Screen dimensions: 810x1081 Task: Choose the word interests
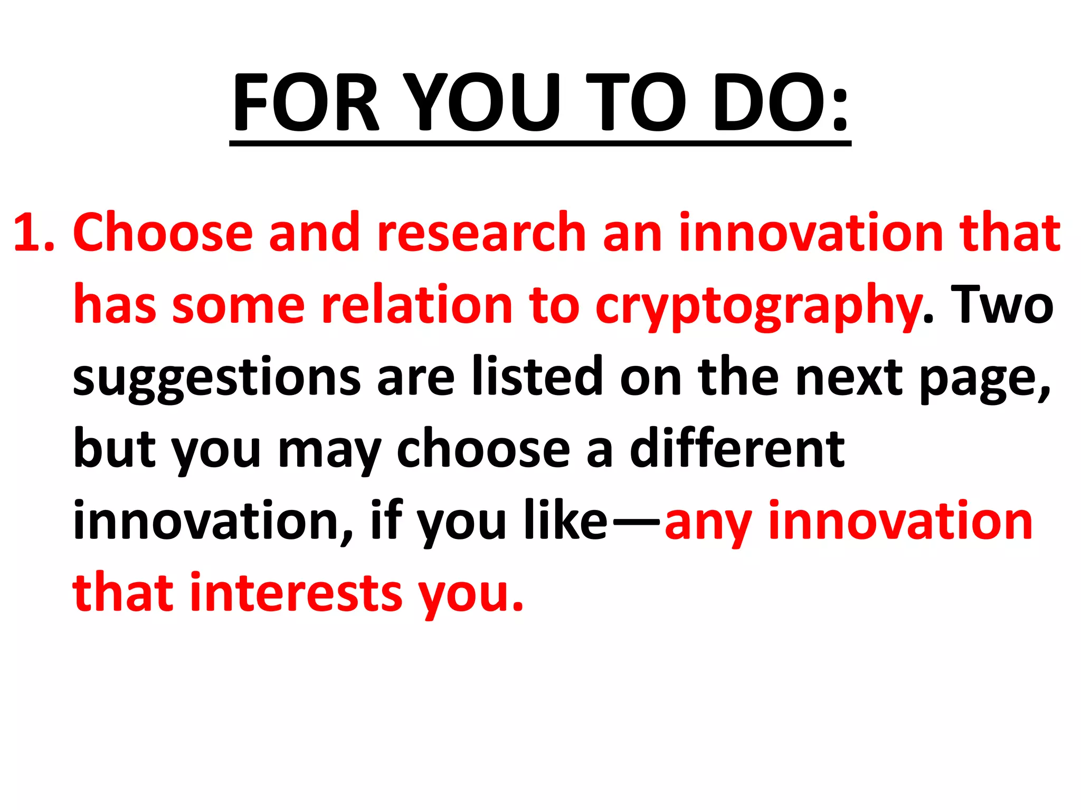point(296,593)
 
